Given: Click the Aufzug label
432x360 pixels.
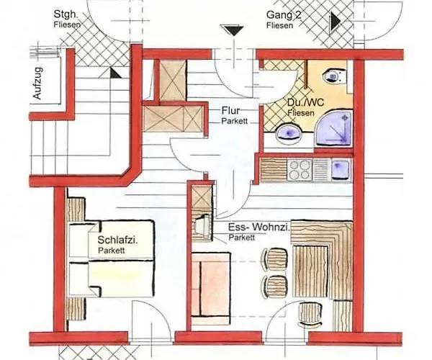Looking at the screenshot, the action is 37,83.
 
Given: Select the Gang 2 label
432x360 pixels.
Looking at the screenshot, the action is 284,15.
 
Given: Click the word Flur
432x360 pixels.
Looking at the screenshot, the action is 230,111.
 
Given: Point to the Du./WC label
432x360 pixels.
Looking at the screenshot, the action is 305,103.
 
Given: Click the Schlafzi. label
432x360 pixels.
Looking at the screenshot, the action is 117,240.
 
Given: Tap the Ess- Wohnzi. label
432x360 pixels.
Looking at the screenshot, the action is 259,228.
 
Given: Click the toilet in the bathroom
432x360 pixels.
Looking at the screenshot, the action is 334,76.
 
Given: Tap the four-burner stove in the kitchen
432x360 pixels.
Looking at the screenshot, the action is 300,170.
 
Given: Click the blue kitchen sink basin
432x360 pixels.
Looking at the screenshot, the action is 341,170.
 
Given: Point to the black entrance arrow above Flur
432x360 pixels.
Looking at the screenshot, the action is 233,30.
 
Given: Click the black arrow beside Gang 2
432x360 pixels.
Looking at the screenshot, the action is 336,22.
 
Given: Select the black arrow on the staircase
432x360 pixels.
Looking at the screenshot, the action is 115,73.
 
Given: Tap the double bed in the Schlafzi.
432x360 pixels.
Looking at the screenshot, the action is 111,258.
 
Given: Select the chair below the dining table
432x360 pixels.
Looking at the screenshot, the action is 310,314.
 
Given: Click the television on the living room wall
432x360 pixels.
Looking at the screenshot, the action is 203,226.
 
